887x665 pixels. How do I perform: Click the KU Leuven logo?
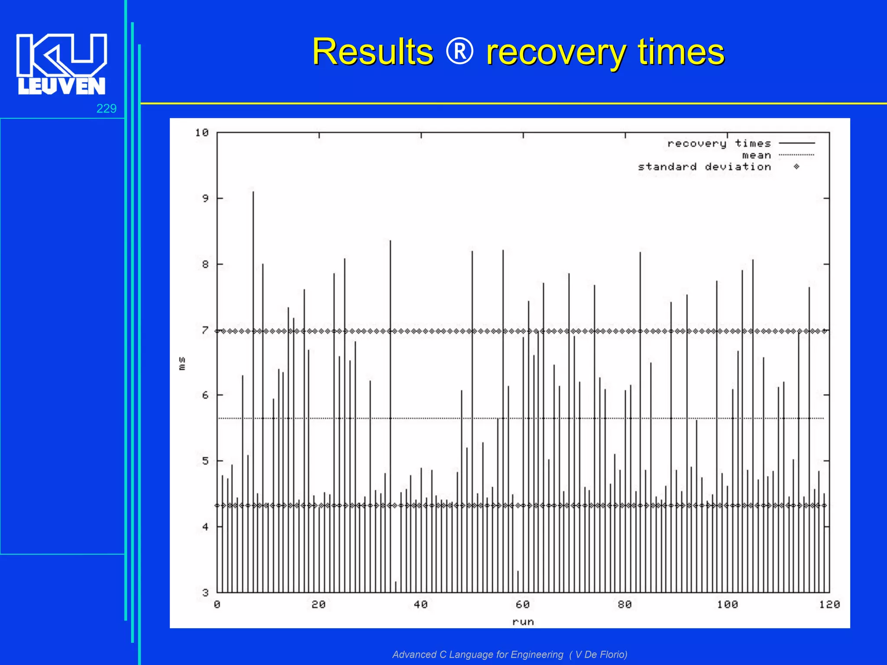62,64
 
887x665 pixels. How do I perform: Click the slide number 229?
106,108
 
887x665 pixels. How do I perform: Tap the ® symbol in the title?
460,52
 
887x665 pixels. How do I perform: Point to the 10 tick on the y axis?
202,132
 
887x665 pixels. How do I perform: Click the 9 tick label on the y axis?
205,198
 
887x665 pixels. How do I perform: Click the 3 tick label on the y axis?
205,592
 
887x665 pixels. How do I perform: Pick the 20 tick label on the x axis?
319,604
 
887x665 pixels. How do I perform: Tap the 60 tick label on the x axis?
523,604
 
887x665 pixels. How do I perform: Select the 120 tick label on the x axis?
829,604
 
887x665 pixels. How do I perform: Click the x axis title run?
523,622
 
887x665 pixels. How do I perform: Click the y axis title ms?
182,363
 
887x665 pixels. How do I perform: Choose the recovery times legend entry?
719,143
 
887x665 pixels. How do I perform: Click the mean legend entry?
756,155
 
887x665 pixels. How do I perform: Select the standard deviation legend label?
704,167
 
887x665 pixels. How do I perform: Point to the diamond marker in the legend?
796,167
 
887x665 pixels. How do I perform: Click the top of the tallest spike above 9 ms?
253,192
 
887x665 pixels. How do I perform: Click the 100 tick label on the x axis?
727,604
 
